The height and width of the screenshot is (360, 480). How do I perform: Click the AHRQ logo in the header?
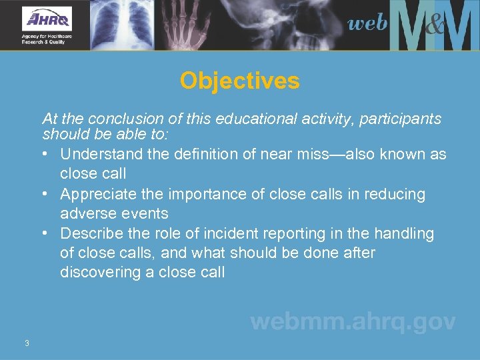(47, 18)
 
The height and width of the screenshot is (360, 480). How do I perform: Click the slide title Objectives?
(239, 81)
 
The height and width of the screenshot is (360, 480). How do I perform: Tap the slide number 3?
(26, 343)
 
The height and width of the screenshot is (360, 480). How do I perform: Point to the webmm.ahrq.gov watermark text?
(353, 323)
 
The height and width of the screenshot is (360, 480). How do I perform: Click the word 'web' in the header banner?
(367, 23)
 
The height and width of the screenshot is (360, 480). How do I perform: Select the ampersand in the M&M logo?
(434, 27)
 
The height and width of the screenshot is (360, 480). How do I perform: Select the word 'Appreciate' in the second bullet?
(96, 194)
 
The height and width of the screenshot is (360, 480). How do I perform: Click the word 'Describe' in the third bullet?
(89, 234)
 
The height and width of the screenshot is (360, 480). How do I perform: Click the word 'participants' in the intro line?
(403, 119)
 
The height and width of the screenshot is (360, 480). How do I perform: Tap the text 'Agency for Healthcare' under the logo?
(46, 36)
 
